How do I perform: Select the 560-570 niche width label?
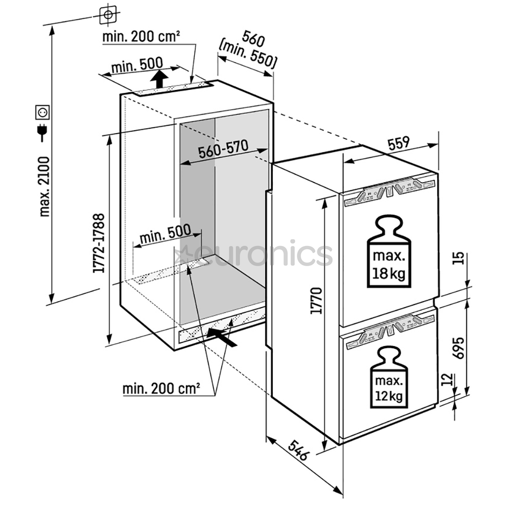(222, 151)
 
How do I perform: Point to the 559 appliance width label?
(398, 144)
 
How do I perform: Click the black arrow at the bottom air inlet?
(222, 335)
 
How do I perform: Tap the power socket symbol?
(43, 112)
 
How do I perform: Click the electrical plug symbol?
(43, 133)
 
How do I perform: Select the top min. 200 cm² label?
(142, 37)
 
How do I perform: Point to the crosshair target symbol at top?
(108, 15)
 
